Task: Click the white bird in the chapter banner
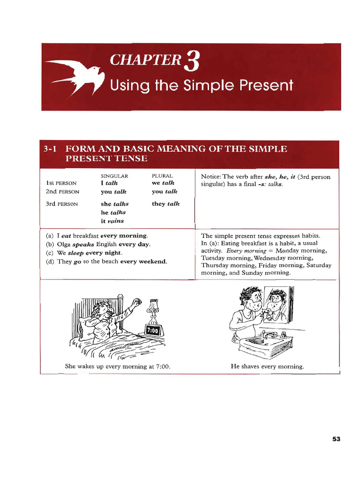(x=79, y=76)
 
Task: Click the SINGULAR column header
(x=114, y=176)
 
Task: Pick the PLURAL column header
(x=162, y=176)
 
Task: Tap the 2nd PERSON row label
(x=62, y=192)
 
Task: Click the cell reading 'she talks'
(x=114, y=204)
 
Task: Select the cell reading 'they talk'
(x=165, y=204)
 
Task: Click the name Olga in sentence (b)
(x=64, y=244)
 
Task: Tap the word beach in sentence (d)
(x=108, y=262)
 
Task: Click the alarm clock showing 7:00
(x=153, y=330)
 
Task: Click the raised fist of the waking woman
(x=137, y=302)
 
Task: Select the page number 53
(x=336, y=439)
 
